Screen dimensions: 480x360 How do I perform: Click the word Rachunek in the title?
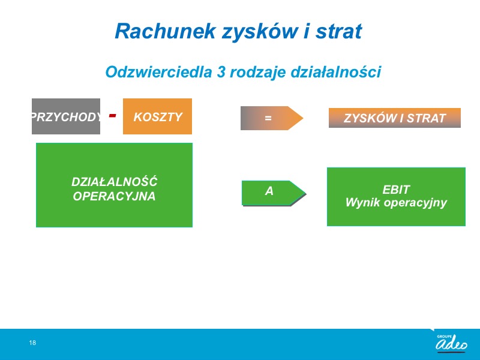(166, 31)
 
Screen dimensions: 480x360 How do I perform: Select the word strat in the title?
(338, 31)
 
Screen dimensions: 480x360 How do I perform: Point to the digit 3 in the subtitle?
(221, 72)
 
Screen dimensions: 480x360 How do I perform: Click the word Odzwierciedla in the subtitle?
(158, 72)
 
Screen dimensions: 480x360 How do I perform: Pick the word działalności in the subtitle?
(335, 72)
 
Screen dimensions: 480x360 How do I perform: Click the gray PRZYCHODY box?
(66, 116)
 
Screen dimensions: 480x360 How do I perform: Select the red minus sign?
(113, 115)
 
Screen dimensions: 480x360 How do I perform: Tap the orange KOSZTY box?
(157, 116)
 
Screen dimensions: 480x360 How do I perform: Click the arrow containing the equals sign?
(272, 118)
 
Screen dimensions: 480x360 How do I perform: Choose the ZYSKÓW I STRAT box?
(395, 118)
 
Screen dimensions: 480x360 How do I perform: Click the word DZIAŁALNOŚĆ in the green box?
(114, 182)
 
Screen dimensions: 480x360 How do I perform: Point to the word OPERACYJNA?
(114, 196)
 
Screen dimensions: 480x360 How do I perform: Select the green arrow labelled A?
(274, 193)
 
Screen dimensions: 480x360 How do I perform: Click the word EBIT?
(396, 190)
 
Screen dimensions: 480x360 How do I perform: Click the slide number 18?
(32, 343)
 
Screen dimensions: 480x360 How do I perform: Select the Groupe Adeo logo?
(451, 342)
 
